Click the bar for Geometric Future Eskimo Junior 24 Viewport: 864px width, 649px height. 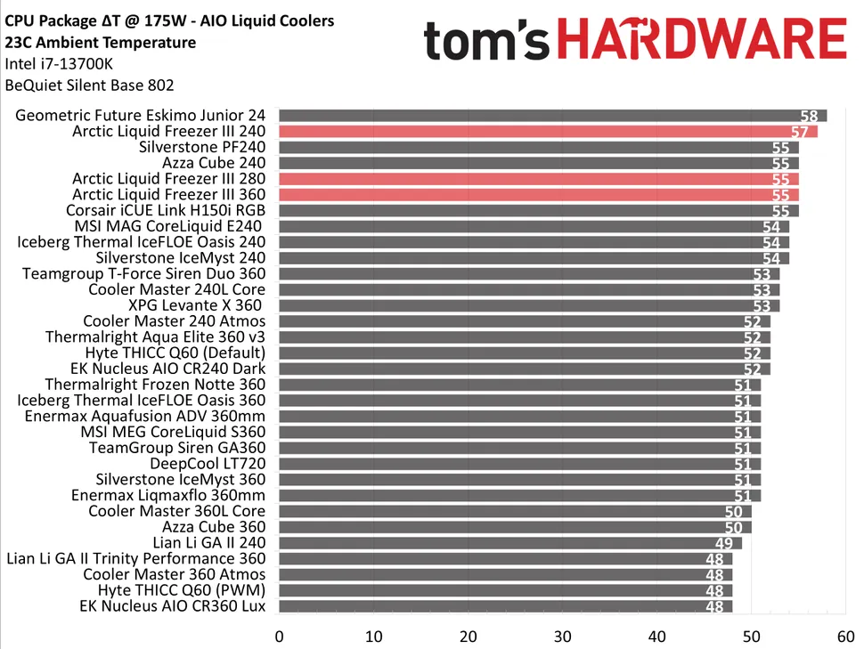point(552,116)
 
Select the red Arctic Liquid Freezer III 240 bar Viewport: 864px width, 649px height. point(548,132)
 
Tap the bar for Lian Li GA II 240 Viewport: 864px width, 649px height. point(509,543)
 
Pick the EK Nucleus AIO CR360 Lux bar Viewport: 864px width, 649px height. point(505,607)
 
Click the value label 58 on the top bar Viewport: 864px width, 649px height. point(809,117)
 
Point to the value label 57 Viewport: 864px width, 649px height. point(800,133)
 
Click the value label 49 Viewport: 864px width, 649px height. point(724,544)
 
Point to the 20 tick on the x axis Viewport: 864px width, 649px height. point(469,637)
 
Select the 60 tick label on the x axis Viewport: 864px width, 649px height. point(846,637)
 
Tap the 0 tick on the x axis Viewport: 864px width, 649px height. point(280,637)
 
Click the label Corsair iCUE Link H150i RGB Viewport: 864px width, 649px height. point(166,211)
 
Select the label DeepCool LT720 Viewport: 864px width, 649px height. point(208,464)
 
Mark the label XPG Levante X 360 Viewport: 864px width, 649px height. point(197,305)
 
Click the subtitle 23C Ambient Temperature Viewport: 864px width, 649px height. point(100,43)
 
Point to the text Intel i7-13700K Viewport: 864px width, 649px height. point(59,64)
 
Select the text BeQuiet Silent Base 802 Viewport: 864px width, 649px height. point(89,86)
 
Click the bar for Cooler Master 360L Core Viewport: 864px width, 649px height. point(515,512)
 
